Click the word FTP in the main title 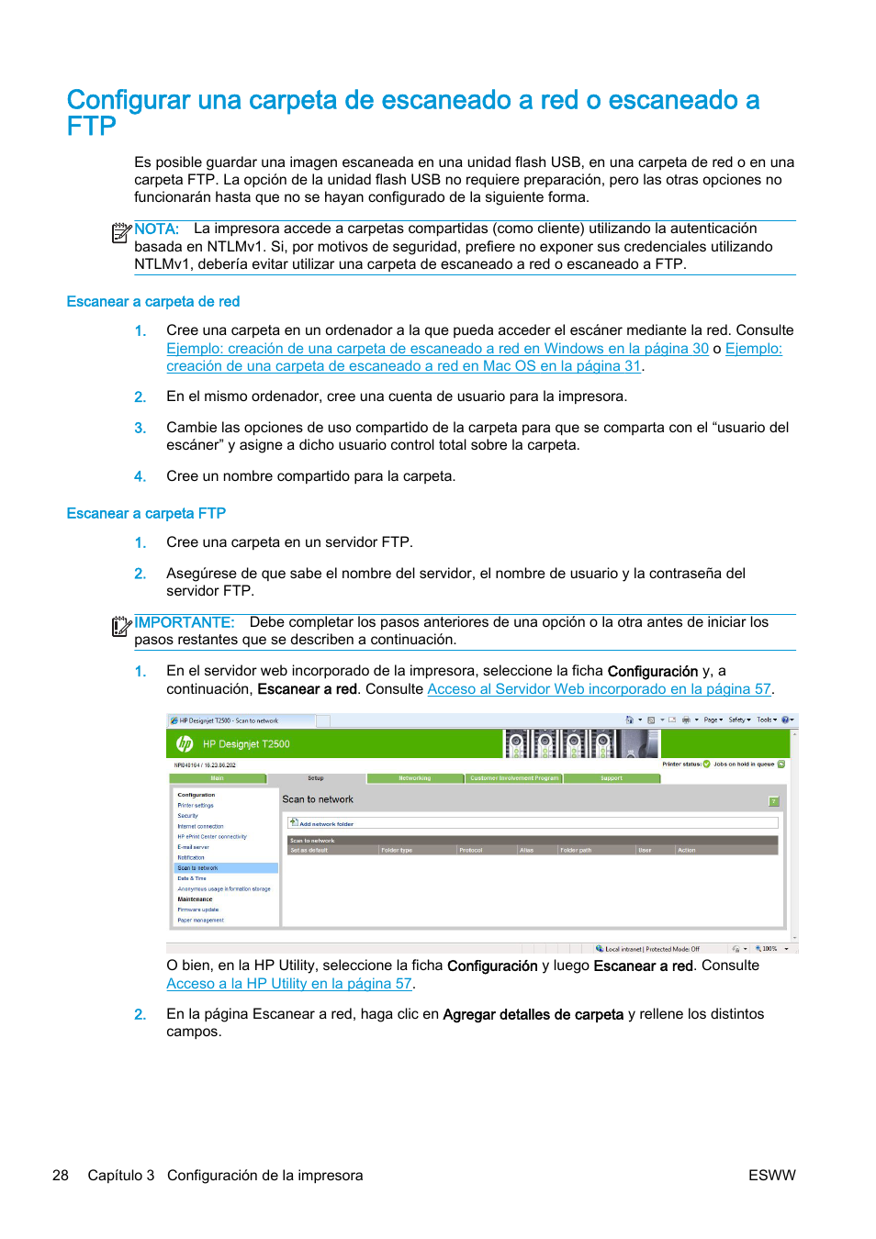click(91, 127)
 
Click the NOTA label click(156, 229)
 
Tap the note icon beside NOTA click(120, 233)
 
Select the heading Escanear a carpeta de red click(152, 302)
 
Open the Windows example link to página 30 click(437, 349)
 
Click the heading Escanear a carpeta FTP click(146, 514)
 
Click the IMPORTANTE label click(184, 622)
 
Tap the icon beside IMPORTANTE click(120, 626)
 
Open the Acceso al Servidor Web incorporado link click(599, 689)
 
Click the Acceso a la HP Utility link click(288, 984)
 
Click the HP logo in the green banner click(185, 744)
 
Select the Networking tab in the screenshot click(414, 778)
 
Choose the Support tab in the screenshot click(611, 778)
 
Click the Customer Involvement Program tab click(514, 778)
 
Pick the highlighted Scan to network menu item click(198, 868)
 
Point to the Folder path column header click(576, 851)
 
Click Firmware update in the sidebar click(198, 910)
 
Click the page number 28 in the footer click(61, 1176)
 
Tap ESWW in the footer click(771, 1176)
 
